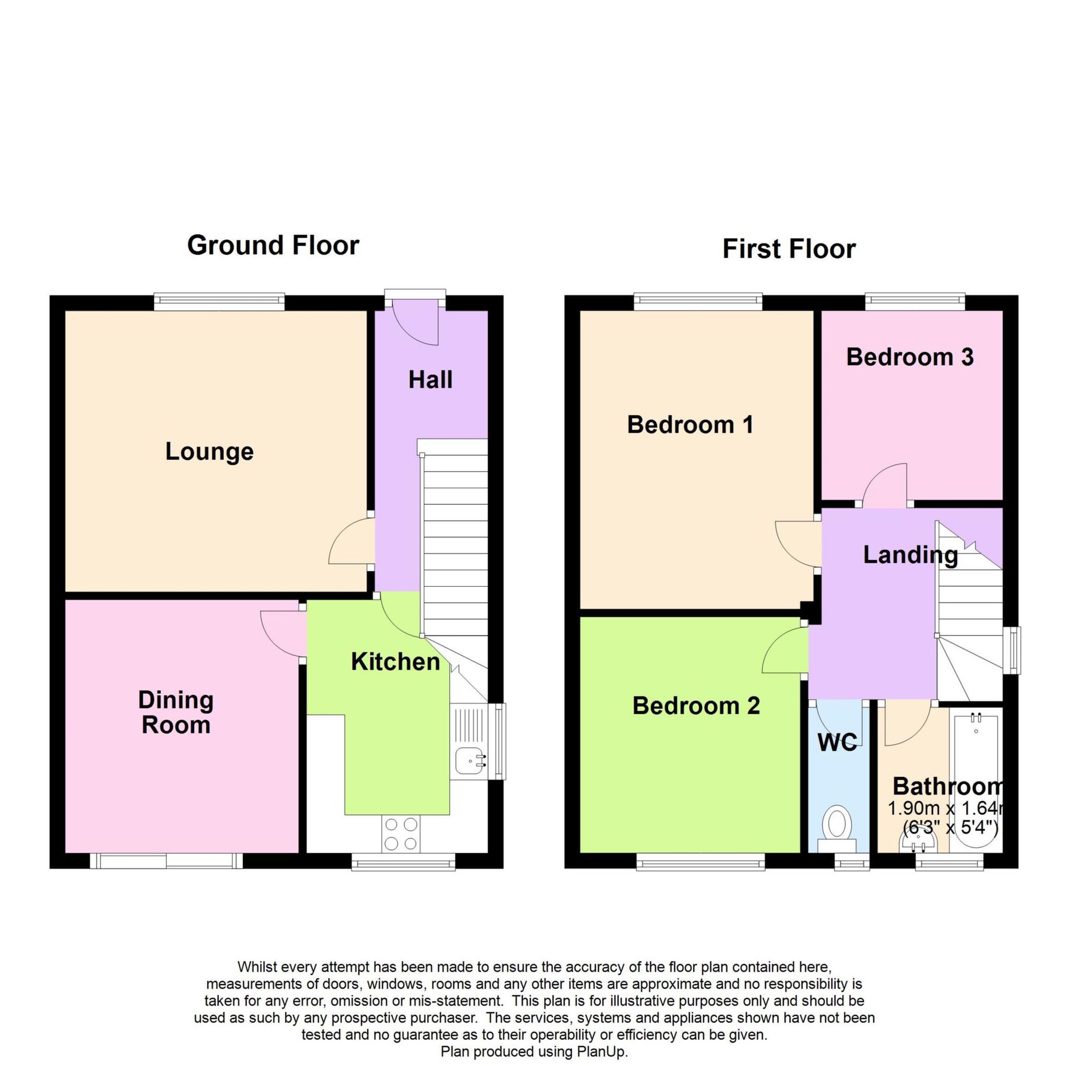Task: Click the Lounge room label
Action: pos(209,451)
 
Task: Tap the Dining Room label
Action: pos(176,712)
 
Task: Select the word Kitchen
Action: pos(395,662)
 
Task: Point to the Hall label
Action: pos(430,379)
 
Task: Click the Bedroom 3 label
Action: pos(909,357)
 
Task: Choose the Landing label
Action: pos(910,555)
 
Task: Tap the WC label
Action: pos(837,742)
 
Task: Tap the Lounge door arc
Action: pos(350,542)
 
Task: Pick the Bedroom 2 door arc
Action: pos(784,651)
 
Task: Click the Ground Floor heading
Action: pos(273,245)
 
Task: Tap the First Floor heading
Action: pos(789,249)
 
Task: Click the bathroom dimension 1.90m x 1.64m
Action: pos(944,808)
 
